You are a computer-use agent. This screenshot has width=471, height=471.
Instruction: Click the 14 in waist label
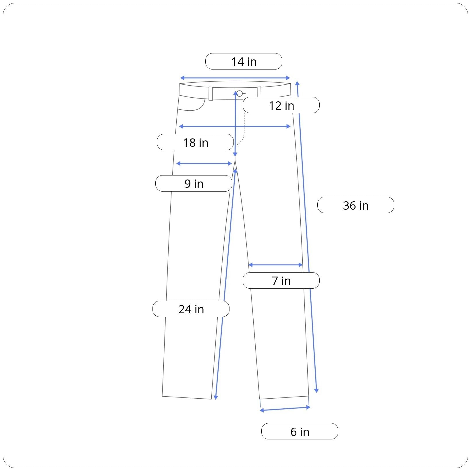pos(244,61)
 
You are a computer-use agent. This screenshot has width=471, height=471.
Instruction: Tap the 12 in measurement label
pos(281,105)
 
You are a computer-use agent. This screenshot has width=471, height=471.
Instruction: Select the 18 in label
pos(195,142)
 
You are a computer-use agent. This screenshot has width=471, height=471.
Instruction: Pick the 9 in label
pos(194,184)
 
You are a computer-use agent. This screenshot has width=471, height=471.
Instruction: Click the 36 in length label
pos(356,205)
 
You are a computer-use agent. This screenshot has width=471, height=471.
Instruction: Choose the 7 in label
pos(281,281)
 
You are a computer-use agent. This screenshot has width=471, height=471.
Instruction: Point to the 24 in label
pos(191,309)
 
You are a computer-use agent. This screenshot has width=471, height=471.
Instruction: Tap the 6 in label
pos(300,431)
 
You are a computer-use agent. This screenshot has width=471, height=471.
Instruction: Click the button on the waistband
pos(240,93)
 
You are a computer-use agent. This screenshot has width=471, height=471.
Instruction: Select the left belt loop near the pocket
pos(211,94)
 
